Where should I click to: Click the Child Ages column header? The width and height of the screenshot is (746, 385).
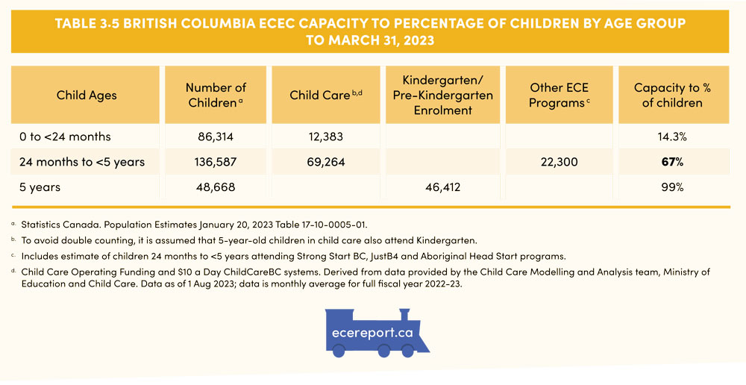87,95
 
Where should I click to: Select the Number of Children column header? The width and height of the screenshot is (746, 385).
216,95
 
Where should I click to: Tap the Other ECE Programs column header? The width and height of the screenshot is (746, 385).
559,95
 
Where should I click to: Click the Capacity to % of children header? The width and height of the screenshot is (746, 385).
672,95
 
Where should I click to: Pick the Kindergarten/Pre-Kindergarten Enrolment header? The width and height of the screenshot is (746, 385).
442,95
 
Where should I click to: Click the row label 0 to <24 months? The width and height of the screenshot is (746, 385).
66,137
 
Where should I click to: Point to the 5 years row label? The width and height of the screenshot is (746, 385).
41,187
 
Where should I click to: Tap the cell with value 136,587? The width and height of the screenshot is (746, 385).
216,162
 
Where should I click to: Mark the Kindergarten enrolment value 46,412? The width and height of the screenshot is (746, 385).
442,187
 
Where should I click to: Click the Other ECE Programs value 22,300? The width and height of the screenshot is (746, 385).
559,162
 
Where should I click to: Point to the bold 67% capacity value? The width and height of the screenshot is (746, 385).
672,162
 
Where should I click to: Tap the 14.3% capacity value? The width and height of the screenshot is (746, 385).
672,137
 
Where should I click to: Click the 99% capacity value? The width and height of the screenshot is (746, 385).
672,187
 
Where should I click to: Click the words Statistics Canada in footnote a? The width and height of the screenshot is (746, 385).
56,224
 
